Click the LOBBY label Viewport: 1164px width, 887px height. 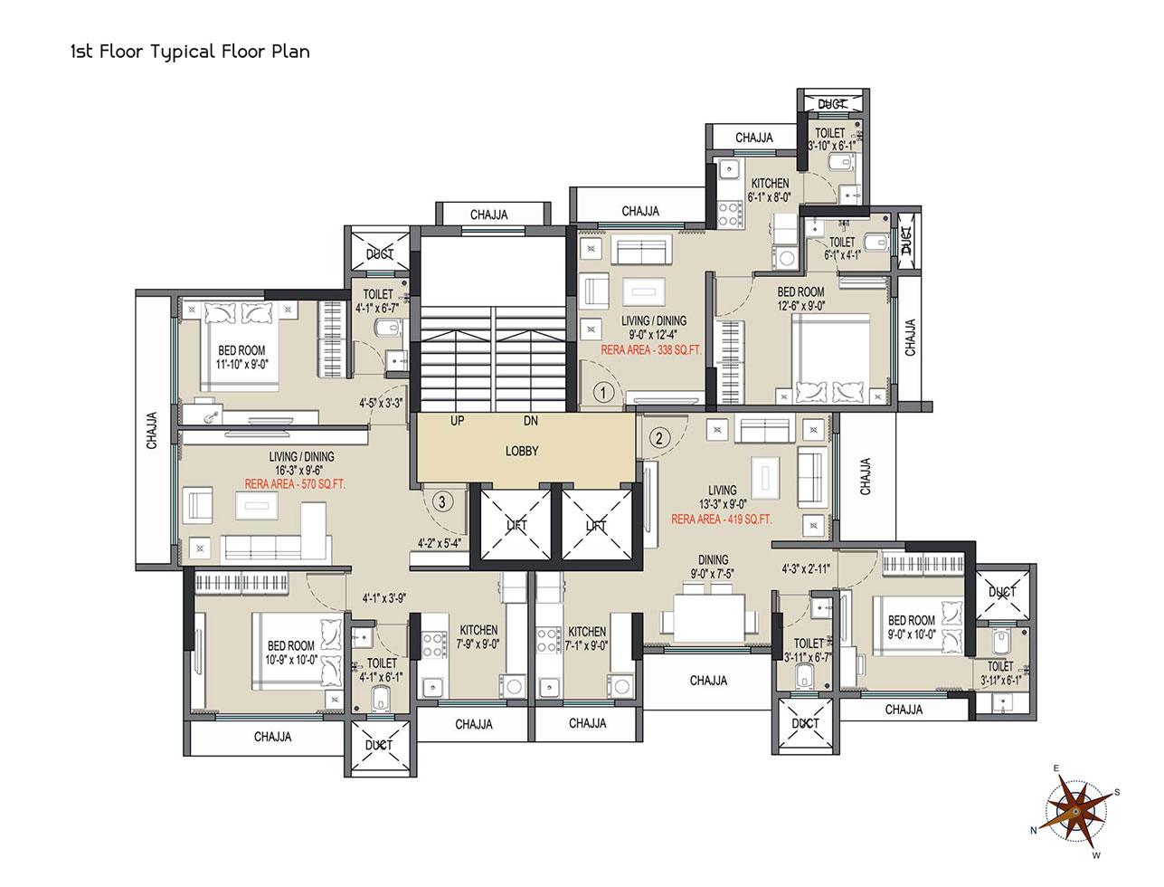tap(521, 451)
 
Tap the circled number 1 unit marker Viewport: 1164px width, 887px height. tap(603, 393)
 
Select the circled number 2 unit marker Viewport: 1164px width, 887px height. tap(659, 438)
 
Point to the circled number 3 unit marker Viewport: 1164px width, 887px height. tap(443, 501)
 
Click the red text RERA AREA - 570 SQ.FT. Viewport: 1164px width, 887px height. tap(295, 484)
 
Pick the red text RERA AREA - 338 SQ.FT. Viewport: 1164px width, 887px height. tap(651, 350)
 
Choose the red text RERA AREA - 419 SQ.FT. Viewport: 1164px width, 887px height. tap(721, 520)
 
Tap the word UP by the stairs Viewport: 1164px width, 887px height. tap(457, 421)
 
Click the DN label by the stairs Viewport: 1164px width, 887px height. tap(531, 421)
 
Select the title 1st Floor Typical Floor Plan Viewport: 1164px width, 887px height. tap(190, 52)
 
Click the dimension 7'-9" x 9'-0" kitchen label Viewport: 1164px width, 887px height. tap(478, 644)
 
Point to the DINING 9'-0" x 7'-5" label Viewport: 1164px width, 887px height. tap(713, 567)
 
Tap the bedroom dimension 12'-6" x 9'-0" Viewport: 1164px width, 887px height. tap(800, 306)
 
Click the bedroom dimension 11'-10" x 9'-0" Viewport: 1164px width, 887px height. tap(241, 365)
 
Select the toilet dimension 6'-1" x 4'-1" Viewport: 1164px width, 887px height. tap(842, 255)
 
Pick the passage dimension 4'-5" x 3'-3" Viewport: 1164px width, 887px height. tap(381, 404)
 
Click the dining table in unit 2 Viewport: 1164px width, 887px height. tap(708, 618)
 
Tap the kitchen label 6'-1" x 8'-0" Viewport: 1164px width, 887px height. tap(770, 196)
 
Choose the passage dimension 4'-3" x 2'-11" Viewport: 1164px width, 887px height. tap(806, 569)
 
